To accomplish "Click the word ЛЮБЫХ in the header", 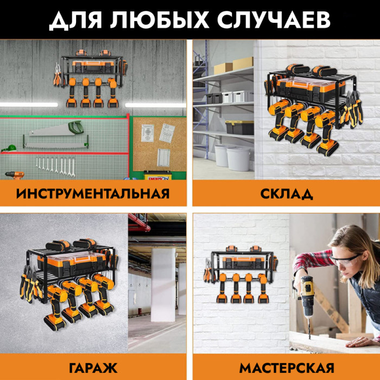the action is click(x=160, y=20).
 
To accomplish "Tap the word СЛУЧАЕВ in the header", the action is click(x=274, y=20).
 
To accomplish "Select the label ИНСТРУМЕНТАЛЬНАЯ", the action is click(x=93, y=194).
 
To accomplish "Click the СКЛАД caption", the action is click(x=287, y=194).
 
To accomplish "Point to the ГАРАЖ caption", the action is click(x=93, y=368).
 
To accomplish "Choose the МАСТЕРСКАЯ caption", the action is click(x=287, y=368).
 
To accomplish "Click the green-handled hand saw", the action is click(x=56, y=129).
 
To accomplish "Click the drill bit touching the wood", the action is click(x=309, y=328).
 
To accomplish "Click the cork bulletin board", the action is click(x=159, y=144).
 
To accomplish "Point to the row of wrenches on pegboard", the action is click(x=55, y=167).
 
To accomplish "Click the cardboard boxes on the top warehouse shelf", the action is click(x=233, y=65).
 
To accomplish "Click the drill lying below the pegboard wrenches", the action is click(x=15, y=175).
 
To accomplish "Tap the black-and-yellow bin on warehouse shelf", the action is click(x=239, y=127).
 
